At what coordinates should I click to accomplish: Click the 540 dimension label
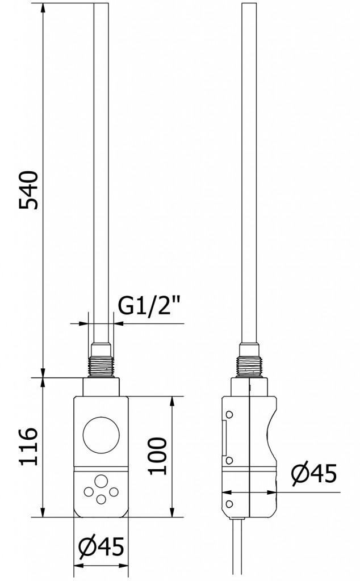pos(28,190)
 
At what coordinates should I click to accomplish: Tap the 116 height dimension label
pos(28,447)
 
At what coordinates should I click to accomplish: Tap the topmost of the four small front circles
pos(101,481)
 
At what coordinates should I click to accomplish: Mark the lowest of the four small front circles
pos(101,499)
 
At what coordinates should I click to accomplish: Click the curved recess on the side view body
pos(270,434)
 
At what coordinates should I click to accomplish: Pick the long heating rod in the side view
pos(249,170)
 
